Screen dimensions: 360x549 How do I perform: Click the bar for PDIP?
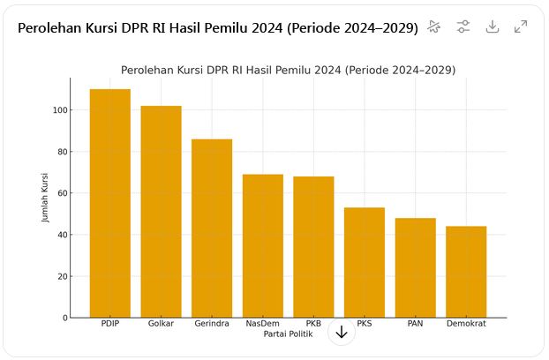click(x=110, y=203)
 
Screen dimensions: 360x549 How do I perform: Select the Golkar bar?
click(x=161, y=212)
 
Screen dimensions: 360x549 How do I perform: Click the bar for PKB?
click(x=313, y=246)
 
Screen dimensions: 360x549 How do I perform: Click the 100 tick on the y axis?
click(x=60, y=110)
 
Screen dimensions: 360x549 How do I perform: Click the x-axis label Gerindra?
click(x=212, y=324)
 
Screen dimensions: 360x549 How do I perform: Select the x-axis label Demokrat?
click(x=466, y=324)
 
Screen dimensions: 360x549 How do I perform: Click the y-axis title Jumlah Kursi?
click(x=46, y=198)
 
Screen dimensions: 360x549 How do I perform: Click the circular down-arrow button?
click(x=342, y=332)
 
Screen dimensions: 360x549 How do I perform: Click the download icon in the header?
click(x=493, y=27)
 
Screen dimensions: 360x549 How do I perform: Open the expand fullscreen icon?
click(x=521, y=27)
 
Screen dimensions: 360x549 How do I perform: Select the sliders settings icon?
click(x=463, y=27)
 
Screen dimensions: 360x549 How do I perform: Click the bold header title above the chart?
click(x=217, y=28)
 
